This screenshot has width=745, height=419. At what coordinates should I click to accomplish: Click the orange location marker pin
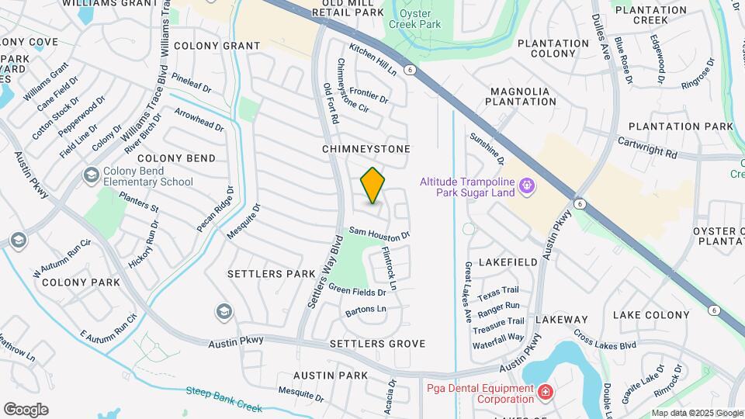372,185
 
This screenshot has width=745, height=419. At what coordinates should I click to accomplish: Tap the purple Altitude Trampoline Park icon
528,185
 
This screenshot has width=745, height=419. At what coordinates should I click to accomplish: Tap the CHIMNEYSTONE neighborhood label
366,148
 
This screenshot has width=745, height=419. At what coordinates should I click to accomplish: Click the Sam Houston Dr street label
379,232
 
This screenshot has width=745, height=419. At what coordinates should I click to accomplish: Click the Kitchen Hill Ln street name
372,59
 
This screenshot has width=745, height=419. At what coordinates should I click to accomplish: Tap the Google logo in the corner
26,410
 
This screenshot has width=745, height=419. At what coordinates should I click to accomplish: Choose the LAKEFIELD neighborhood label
507,263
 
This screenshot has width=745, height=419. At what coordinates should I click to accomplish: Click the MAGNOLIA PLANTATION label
520,96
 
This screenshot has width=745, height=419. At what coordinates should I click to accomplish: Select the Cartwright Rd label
647,148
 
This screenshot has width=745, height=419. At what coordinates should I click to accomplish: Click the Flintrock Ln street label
389,268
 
